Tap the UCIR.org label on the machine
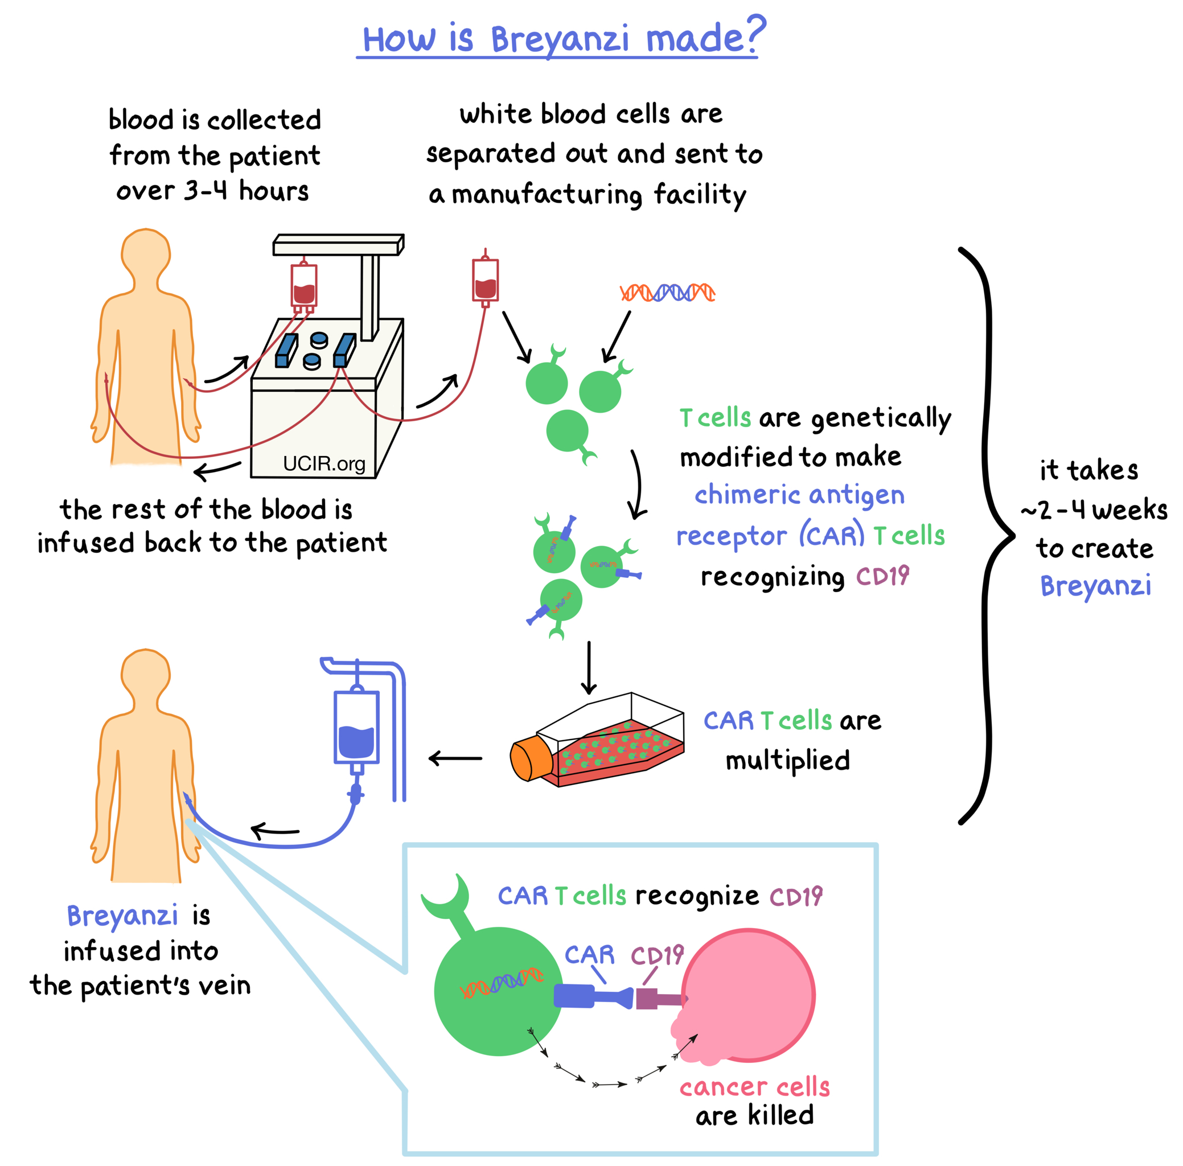[x=324, y=463]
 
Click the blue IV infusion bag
[x=356, y=729]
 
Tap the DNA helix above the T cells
[x=667, y=293]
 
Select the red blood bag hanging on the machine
[x=303, y=285]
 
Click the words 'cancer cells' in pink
[x=754, y=1087]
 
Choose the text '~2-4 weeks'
[x=1094, y=510]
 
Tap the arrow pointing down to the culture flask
[x=589, y=667]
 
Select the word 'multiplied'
[x=787, y=761]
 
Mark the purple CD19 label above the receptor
[x=657, y=955]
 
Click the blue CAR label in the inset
[x=589, y=955]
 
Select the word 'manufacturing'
[x=547, y=195]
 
